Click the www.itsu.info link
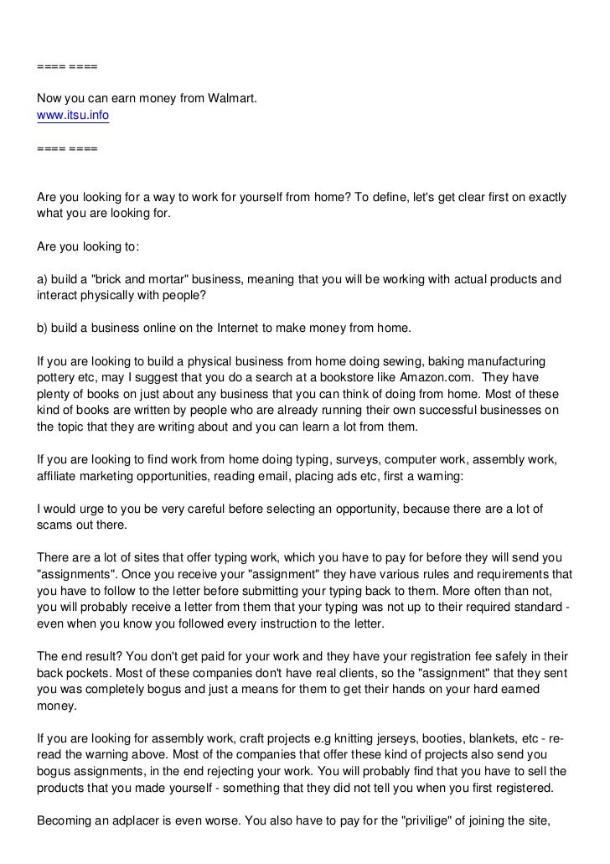point(73,116)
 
